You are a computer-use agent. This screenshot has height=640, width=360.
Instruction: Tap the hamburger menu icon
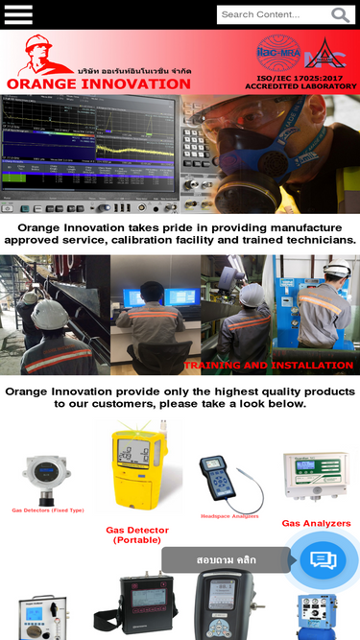(x=18, y=14)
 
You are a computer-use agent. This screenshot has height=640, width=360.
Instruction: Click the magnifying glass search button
(x=341, y=14)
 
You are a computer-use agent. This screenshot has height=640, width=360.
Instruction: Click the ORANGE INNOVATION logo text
(x=99, y=83)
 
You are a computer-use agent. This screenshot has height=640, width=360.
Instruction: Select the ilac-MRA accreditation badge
(x=278, y=52)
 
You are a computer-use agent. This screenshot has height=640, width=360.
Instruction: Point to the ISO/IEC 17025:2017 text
(x=300, y=77)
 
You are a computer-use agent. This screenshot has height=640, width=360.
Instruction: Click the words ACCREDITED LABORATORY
(x=300, y=86)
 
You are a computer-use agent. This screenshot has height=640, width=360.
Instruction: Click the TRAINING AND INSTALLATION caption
(x=268, y=366)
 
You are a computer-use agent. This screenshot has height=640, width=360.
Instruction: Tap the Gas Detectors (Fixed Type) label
(x=48, y=510)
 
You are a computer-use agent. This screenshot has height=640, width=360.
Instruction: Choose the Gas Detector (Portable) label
(x=137, y=534)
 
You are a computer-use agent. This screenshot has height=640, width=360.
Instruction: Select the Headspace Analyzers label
(x=229, y=516)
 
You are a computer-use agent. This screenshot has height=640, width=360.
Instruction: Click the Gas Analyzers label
(x=316, y=524)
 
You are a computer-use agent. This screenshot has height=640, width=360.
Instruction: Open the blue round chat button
(x=323, y=560)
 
